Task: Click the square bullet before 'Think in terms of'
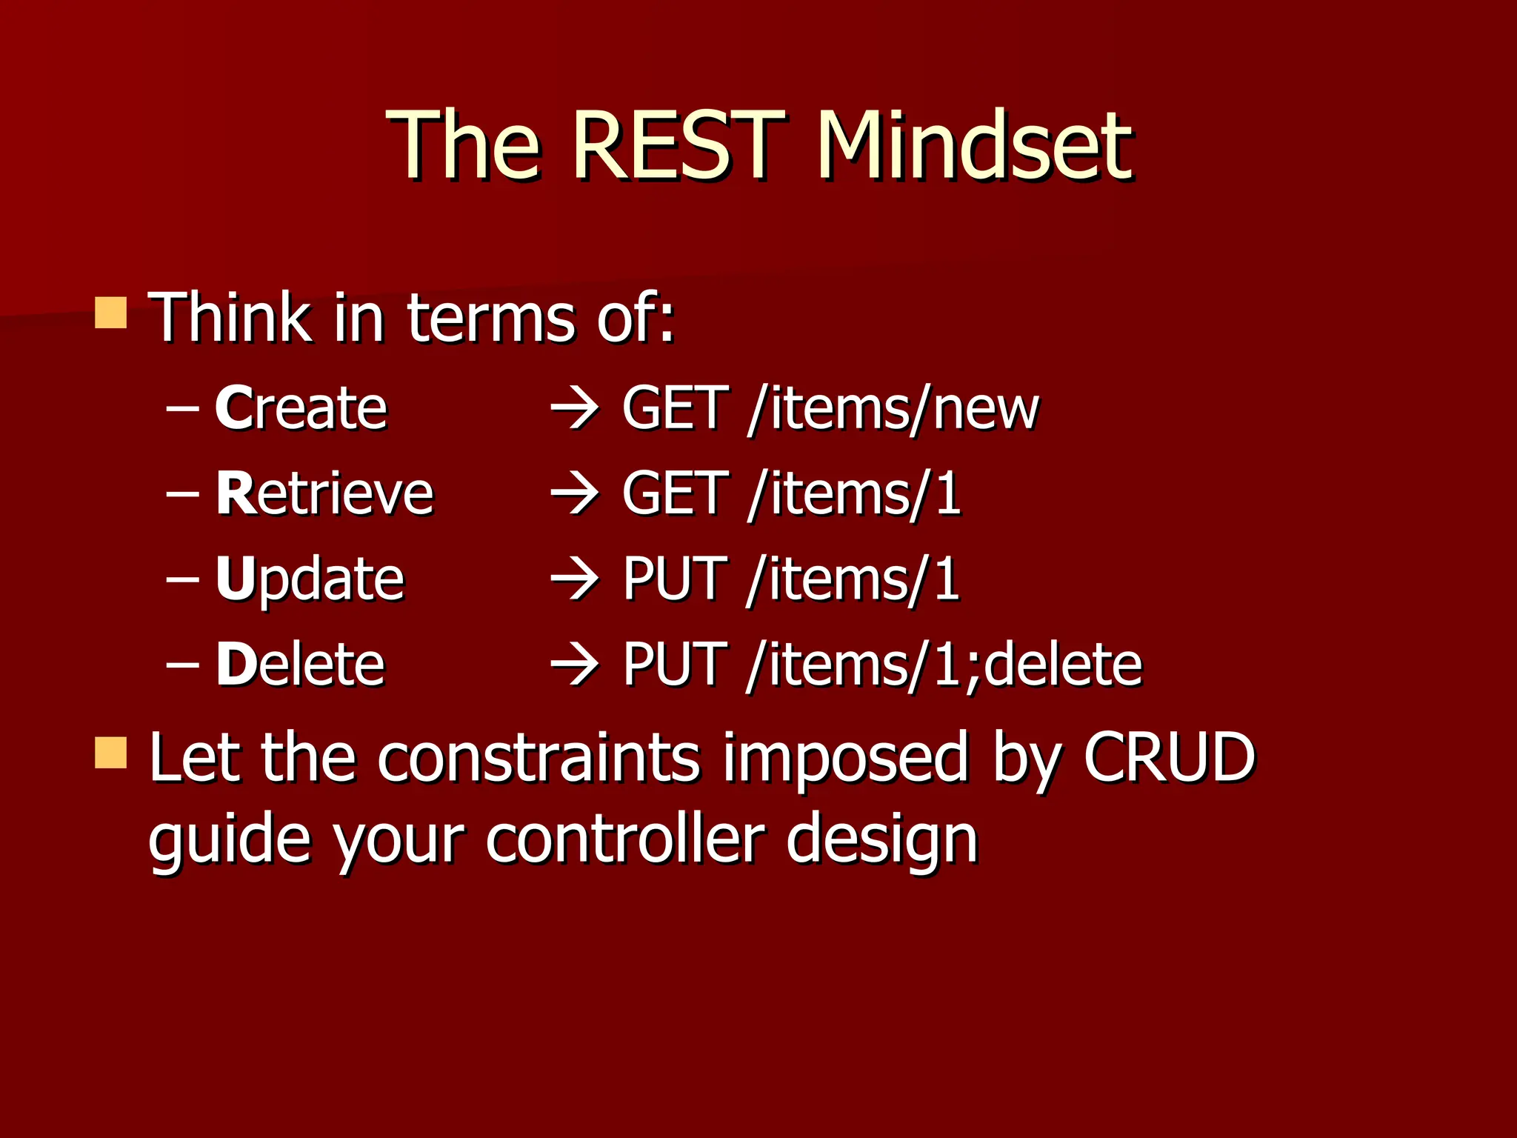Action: click(x=111, y=313)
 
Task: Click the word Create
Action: click(x=301, y=408)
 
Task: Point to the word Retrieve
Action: click(x=324, y=493)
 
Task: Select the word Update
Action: click(x=310, y=579)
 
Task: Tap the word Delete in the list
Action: click(x=300, y=665)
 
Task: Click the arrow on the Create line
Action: click(x=575, y=410)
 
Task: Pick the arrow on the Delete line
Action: click(x=575, y=665)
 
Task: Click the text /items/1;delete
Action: click(x=945, y=665)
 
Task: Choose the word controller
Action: click(x=624, y=839)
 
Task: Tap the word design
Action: click(x=881, y=841)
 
